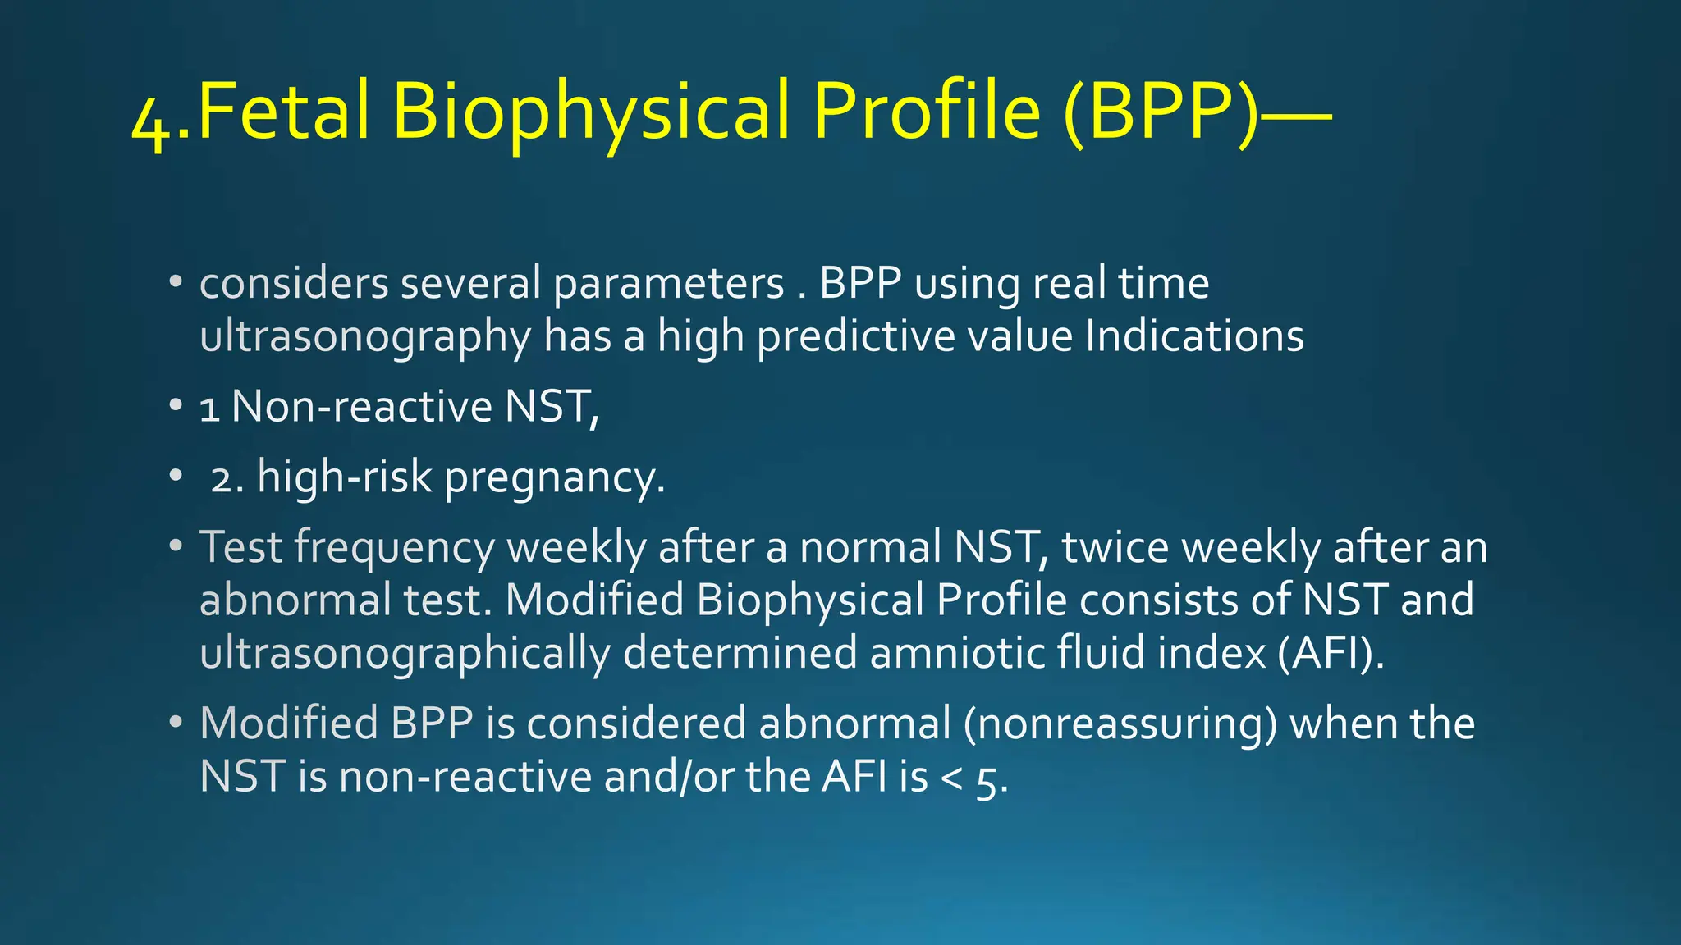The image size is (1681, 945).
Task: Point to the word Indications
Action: pos(1194,336)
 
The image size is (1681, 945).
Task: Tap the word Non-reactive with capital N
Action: pos(361,407)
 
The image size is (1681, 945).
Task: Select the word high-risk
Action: pos(344,477)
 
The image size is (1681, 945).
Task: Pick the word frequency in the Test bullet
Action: pos(394,549)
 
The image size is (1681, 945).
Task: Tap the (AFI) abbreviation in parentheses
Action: pos(1331,654)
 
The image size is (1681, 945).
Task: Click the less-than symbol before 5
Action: pos(951,778)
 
